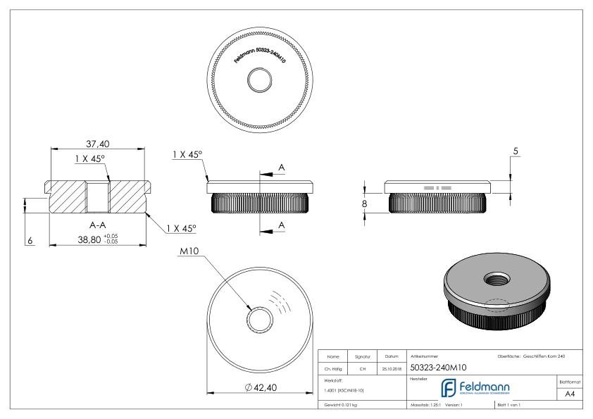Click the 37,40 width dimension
pos(98,144)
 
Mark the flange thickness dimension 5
pos(516,152)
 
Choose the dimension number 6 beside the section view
pos(30,241)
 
